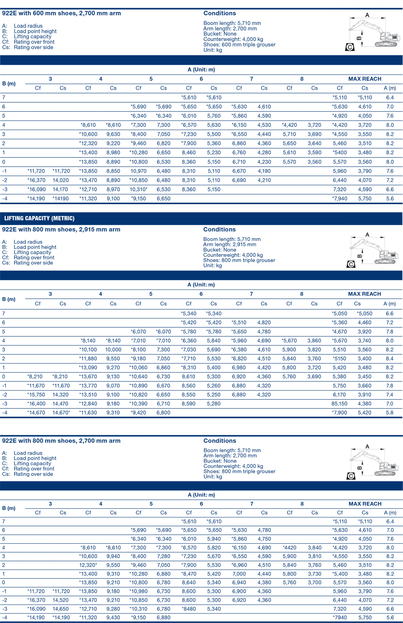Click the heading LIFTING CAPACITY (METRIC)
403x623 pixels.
pos(39,218)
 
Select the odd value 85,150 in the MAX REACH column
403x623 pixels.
pos(339,404)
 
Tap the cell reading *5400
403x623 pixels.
pos(340,153)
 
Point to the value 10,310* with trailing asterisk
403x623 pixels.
pos(138,189)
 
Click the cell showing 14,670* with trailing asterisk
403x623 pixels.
pos(61,412)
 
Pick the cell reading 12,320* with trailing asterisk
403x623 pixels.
pos(88,565)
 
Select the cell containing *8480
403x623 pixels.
pos(189,609)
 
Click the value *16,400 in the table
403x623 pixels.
pos(36,404)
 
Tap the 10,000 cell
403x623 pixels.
pos(113,350)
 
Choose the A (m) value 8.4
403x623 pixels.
pos(390,358)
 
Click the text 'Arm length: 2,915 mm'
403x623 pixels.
pos(230,244)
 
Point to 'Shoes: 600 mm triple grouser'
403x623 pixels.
pos(239,45)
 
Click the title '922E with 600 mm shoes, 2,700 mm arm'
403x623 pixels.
pos(61,13)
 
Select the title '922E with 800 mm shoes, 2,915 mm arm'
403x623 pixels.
pos(61,230)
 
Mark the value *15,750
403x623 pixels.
pos(36,395)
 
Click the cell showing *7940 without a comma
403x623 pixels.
pos(340,617)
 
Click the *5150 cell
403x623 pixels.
pos(339,358)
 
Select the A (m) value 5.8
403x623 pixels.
pos(390,412)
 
